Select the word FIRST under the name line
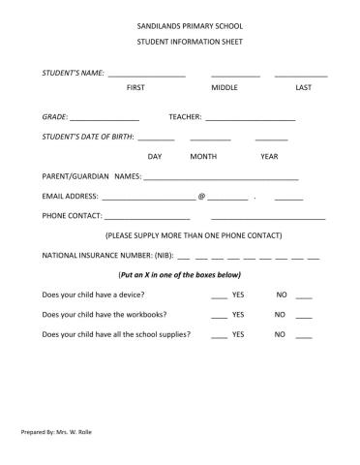click(136, 88)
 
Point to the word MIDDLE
click(225, 88)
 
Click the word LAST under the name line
click(303, 88)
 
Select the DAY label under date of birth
click(155, 156)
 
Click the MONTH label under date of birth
click(203, 156)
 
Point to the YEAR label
click(269, 156)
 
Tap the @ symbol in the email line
click(201, 197)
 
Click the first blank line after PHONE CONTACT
click(147, 218)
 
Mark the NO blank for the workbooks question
click(304, 317)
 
